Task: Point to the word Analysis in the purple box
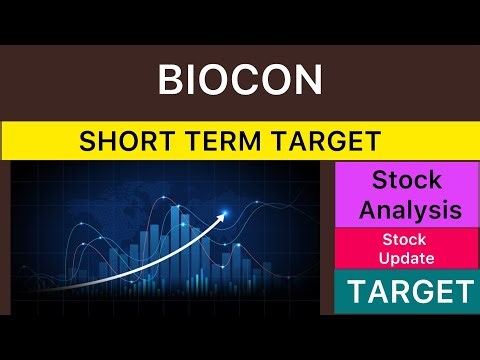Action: tap(410, 211)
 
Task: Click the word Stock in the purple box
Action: tap(410, 181)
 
